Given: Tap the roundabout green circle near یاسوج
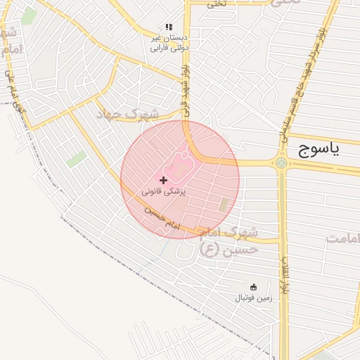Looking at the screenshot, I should [281, 164].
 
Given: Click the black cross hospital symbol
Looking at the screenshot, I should [164, 181].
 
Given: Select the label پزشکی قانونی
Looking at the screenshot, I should [163, 191].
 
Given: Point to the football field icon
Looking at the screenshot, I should [253, 287].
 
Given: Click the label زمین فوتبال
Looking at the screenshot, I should [253, 298].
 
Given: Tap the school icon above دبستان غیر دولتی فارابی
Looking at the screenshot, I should [168, 27].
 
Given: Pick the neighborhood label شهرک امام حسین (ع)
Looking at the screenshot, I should [228, 240].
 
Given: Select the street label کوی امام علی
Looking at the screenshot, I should [15, 91].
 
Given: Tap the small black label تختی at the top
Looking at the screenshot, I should [217, 4].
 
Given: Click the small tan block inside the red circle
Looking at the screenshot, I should [224, 205].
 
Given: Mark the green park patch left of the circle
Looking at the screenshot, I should [76, 159].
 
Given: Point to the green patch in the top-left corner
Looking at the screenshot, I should [28, 16].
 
